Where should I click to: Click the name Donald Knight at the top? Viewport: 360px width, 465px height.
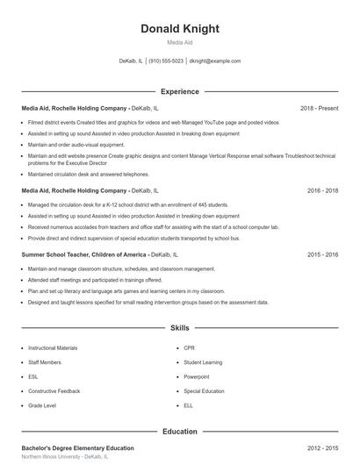point(179,29)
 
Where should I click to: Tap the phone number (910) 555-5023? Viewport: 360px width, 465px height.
point(166,61)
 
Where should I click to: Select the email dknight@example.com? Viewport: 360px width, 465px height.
point(215,61)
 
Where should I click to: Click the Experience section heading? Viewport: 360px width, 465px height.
point(179,91)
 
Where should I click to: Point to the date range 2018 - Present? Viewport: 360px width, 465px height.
point(319,108)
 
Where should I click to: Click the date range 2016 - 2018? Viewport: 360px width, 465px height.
point(322,190)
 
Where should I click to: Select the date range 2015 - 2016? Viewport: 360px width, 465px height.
point(322,254)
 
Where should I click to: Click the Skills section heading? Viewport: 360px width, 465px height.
point(179,328)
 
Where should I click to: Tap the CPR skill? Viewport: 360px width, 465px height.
point(189,348)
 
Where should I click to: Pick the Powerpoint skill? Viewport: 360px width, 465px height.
point(196,376)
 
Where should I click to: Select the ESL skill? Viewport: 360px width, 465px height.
point(32,376)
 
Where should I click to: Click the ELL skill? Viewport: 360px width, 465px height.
point(188,405)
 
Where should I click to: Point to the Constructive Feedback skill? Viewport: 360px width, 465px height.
point(54,391)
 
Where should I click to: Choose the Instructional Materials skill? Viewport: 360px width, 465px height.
point(53,348)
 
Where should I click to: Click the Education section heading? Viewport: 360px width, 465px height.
point(179,432)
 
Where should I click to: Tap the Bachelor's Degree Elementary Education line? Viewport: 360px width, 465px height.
point(77,447)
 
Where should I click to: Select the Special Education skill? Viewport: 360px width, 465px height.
point(204,391)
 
